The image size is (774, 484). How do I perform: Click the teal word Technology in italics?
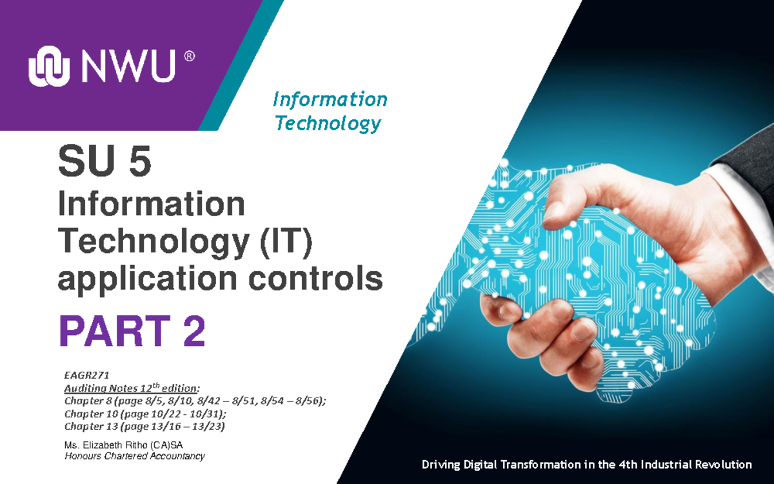pyautogui.click(x=328, y=123)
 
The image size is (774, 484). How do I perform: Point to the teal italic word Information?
pyautogui.click(x=330, y=99)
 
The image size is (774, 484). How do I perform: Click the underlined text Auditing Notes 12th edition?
pyautogui.click(x=132, y=388)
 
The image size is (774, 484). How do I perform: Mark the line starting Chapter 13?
pyautogui.click(x=144, y=427)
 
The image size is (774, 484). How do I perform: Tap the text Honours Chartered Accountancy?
pyautogui.click(x=134, y=456)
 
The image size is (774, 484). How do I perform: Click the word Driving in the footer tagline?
pyautogui.click(x=441, y=465)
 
